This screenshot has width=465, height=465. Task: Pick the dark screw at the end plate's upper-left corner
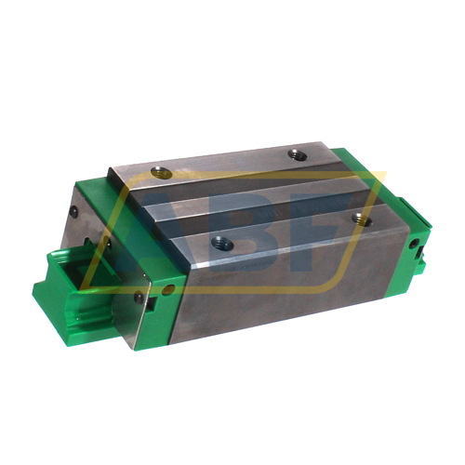pos(73,212)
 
